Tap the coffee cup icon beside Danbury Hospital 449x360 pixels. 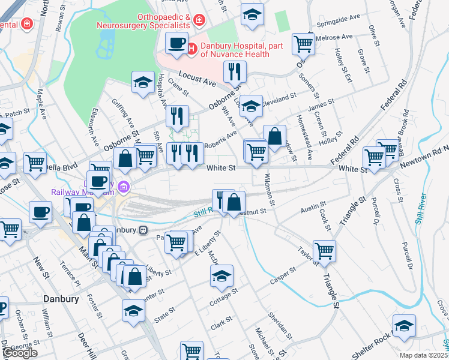[176, 43]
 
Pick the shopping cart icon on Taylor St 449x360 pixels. [324, 250]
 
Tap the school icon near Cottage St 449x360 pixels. [221, 276]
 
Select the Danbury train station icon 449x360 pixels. [143, 230]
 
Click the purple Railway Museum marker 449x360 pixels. [124, 187]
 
